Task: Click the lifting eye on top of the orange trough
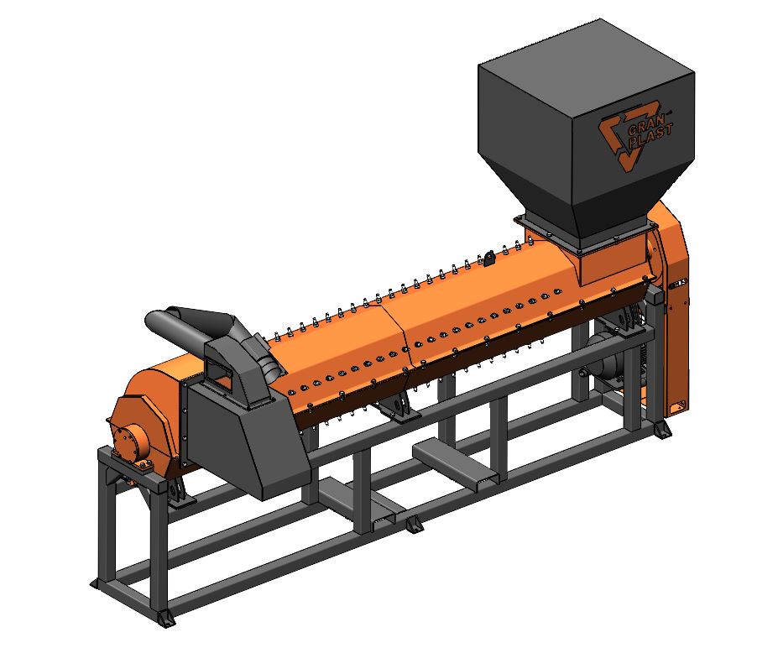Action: coord(488,257)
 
